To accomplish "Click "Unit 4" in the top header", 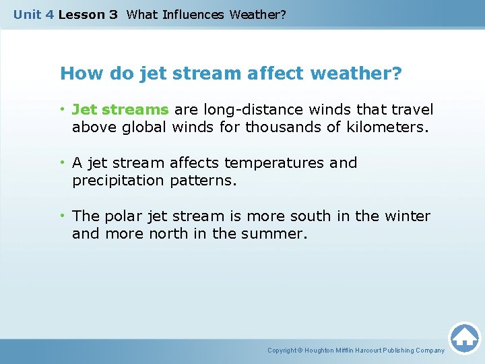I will [x=34, y=15].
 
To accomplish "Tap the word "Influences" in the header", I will [x=195, y=15].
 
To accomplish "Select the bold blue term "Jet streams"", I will [x=120, y=109].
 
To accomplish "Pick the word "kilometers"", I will [x=386, y=127].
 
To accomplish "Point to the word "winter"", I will [x=406, y=216].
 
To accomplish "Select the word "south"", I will [x=311, y=216].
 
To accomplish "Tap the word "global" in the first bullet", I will [x=145, y=127].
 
